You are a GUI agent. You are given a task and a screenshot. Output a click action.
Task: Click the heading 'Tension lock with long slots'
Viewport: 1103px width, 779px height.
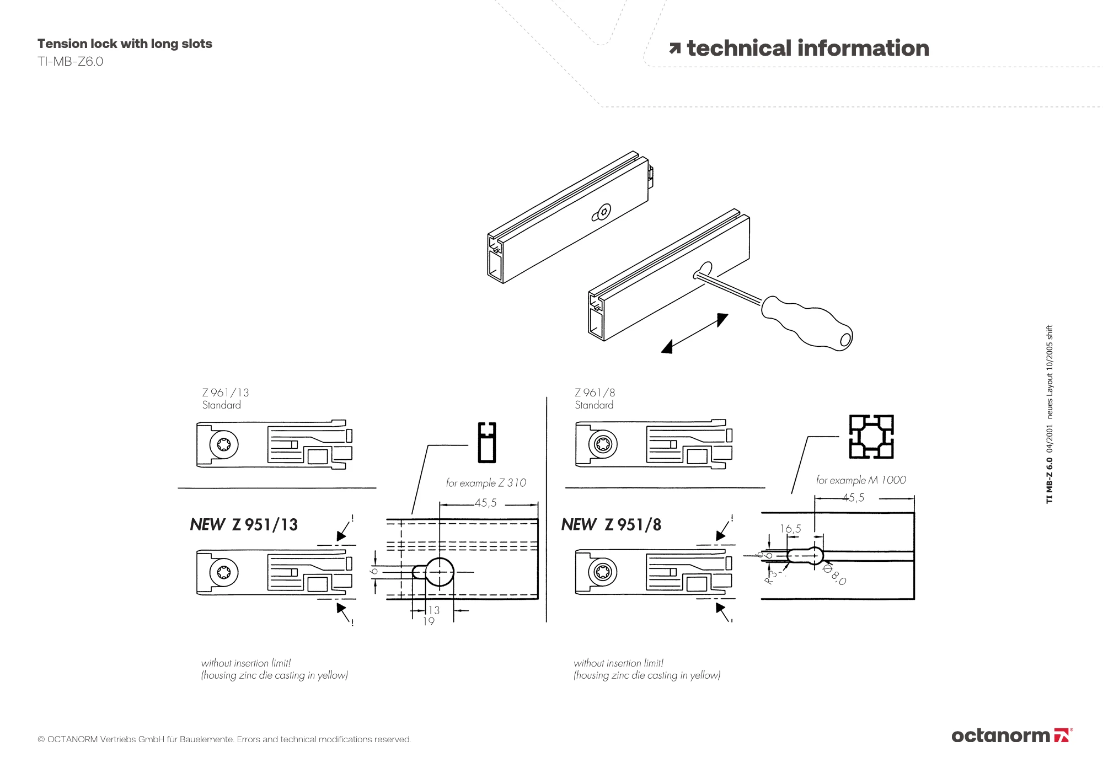click(x=125, y=44)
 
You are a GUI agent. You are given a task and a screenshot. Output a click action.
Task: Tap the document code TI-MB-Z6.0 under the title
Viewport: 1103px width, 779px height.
click(x=70, y=62)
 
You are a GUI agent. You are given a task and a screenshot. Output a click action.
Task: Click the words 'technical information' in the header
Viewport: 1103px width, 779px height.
click(x=807, y=49)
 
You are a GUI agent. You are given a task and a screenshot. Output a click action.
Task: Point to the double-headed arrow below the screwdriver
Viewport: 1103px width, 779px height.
click(x=694, y=333)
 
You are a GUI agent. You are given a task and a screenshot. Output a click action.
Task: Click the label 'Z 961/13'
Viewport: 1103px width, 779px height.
click(x=225, y=393)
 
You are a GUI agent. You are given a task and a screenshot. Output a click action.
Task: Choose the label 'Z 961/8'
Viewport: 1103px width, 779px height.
click(x=595, y=393)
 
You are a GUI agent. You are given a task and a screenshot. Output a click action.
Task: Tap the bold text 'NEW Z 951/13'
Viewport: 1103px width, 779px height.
click(x=244, y=524)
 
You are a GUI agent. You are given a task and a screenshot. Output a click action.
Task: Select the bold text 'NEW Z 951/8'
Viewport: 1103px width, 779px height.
click(x=611, y=524)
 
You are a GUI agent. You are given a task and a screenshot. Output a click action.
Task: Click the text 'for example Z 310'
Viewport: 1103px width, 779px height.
click(x=486, y=483)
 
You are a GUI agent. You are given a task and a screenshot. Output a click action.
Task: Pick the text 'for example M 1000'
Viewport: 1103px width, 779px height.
click(x=861, y=480)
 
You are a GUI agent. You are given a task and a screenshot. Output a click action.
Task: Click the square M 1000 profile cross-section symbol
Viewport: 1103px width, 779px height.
click(x=871, y=437)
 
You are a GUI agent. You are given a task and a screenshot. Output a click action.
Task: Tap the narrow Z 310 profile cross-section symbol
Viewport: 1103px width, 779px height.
click(x=487, y=442)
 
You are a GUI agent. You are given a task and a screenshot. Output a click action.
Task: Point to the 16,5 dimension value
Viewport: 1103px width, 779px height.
click(x=790, y=529)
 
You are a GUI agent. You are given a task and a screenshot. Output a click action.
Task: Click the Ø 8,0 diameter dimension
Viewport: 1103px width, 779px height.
click(x=834, y=574)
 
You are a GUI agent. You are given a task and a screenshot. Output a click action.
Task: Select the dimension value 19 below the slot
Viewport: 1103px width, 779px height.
click(x=429, y=621)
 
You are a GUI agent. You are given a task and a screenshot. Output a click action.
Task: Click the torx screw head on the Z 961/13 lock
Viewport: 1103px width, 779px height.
click(x=224, y=444)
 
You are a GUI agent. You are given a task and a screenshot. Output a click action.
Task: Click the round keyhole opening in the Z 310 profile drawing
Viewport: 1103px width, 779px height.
click(x=439, y=572)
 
